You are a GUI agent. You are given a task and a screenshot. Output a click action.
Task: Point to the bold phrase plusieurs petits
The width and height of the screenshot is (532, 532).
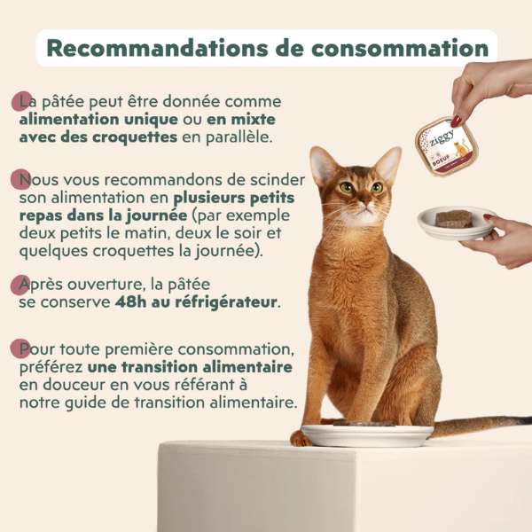pos(234,199)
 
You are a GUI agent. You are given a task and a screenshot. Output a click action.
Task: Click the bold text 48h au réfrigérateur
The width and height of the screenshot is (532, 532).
pos(196,302)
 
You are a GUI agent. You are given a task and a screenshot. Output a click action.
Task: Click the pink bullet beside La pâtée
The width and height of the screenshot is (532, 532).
pos(22,100)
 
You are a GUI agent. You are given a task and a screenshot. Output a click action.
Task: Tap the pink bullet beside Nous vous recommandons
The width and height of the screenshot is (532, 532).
pos(22,180)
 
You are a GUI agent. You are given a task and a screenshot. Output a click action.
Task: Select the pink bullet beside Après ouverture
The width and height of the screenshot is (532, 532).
pos(22,285)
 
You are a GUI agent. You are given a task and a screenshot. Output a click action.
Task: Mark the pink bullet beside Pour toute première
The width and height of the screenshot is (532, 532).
pos(22,347)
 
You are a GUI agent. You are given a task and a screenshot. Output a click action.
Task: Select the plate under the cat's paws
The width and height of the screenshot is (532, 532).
pos(363,434)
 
